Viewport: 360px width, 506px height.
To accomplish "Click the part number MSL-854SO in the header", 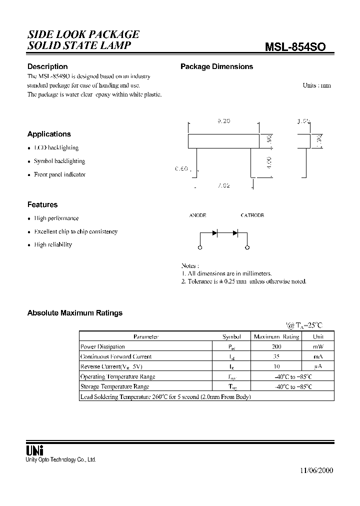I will click(295, 46).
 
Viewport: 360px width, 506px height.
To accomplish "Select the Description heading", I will click(47, 66).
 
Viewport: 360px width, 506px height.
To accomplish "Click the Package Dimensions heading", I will click(216, 66).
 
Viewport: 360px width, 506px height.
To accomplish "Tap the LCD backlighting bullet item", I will click(56, 148).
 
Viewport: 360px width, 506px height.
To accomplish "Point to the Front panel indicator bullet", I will click(59, 174).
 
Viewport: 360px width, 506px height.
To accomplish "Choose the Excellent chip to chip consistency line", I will click(75, 231).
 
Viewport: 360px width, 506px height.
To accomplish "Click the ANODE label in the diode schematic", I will click(197, 215).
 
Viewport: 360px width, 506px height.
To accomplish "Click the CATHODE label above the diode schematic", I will click(252, 215).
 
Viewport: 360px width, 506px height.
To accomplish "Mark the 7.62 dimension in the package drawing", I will click(223, 186).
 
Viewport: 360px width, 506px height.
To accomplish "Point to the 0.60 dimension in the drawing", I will click(181, 169).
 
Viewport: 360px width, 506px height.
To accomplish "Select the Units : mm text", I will click(316, 85).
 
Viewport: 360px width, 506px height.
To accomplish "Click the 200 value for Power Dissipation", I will click(276, 346).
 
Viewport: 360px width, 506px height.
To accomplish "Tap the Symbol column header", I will click(231, 336).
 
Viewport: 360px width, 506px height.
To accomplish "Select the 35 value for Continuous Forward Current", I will click(276, 356).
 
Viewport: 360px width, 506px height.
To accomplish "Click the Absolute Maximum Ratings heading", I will click(74, 313).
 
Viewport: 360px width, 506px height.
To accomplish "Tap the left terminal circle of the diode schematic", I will click(200, 247).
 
